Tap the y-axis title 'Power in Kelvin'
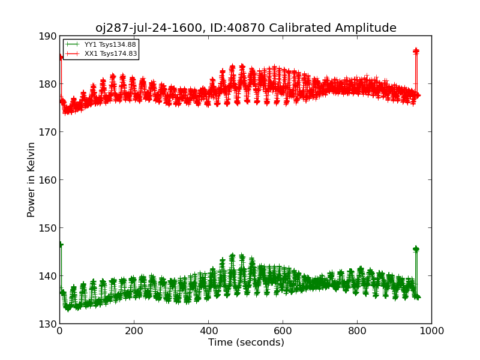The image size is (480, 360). coord(31,179)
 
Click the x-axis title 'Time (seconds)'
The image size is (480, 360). coord(246,343)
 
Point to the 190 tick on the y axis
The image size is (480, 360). coord(47,36)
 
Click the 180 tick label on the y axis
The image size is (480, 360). coord(47,84)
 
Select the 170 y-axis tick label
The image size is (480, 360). coord(47,132)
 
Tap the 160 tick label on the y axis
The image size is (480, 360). coord(47,180)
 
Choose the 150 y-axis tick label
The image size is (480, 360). coord(47,228)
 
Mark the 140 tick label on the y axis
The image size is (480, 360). coord(47,276)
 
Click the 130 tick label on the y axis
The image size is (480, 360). coord(47,324)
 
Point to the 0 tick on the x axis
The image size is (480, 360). coord(59,331)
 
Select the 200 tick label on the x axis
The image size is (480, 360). coord(134,331)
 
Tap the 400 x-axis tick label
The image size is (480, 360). coord(208,331)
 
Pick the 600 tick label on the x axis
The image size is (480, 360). coord(283,331)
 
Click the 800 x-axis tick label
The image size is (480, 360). coord(357,331)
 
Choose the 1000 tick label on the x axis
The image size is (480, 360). coord(431,331)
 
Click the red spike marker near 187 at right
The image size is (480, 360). coord(416,52)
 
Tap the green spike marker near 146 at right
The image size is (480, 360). coord(416,249)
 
